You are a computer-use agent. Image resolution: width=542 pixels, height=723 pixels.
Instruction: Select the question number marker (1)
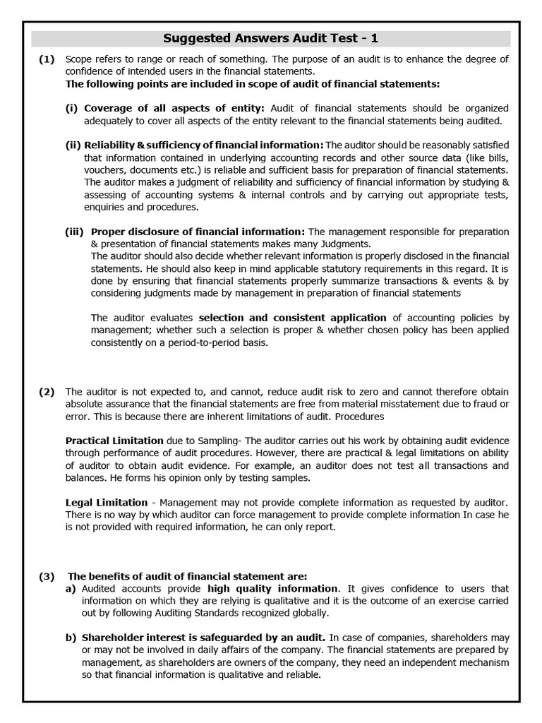point(47,60)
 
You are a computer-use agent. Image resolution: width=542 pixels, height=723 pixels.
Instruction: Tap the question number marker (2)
point(47,392)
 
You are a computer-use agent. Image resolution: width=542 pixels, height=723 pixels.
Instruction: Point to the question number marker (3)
point(47,577)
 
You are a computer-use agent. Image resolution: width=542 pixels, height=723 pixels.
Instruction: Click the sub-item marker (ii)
point(73,145)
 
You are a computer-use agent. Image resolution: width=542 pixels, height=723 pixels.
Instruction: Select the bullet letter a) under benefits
point(71,589)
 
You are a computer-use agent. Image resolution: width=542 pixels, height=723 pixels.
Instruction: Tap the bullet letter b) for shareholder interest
point(71,638)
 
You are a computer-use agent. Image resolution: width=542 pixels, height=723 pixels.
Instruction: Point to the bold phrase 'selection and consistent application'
point(292,318)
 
